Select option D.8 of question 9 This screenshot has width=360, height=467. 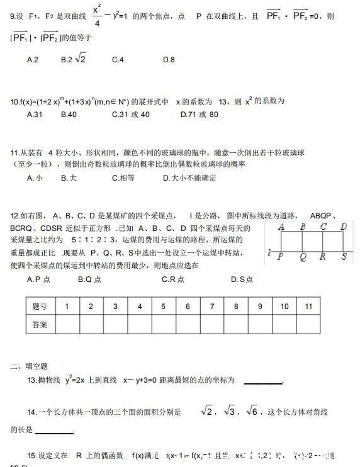click(x=169, y=60)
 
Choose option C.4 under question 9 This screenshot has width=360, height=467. click(x=118, y=60)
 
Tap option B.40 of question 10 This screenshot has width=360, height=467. click(x=69, y=115)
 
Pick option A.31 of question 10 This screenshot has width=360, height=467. click(x=35, y=115)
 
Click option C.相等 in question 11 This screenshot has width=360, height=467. click(x=123, y=178)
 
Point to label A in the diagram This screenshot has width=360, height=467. click(x=281, y=227)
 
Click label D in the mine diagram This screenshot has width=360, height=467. click(x=344, y=227)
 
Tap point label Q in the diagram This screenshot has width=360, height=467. click(x=303, y=257)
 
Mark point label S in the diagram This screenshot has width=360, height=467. click(x=344, y=257)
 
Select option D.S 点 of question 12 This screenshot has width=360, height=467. click(x=241, y=279)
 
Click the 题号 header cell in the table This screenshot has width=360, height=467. click(x=40, y=307)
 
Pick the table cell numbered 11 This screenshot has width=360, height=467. click(x=308, y=307)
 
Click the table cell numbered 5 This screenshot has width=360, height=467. click(x=163, y=307)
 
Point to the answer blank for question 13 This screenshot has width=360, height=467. click(x=263, y=381)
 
